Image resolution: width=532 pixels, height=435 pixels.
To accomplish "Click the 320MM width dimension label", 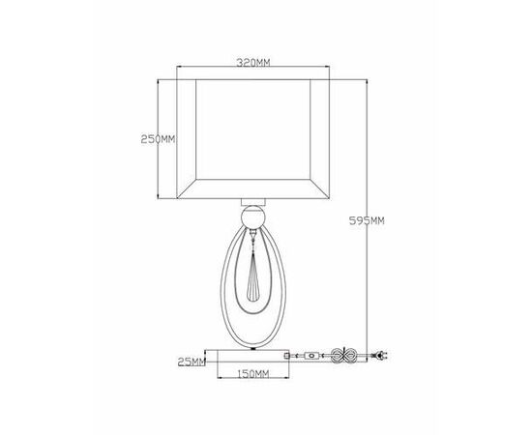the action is [253, 63].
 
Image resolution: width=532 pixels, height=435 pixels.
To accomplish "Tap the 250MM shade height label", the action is [158, 139].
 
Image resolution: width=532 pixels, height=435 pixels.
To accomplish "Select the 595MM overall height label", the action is [367, 221].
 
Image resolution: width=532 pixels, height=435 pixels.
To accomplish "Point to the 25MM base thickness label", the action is [192, 362].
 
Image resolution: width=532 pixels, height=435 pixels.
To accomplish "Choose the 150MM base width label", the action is [252, 374].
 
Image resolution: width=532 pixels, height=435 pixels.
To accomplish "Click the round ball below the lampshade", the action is [253, 217].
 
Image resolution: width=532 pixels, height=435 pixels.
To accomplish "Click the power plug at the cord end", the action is [381, 356].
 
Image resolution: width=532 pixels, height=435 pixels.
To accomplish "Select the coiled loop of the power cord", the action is [343, 356].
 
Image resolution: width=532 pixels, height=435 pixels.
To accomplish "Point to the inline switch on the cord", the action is [311, 356].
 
